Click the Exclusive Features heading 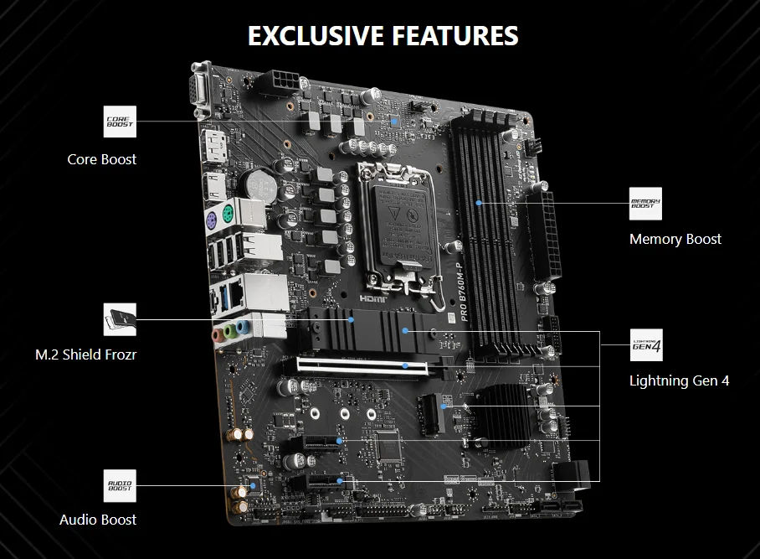[x=383, y=36]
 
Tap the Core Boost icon [x=119, y=122]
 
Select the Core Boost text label [x=102, y=159]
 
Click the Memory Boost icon [x=645, y=204]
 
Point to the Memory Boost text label [x=675, y=240]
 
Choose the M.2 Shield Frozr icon [x=119, y=319]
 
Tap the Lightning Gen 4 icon [x=645, y=344]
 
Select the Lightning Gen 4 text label [x=679, y=380]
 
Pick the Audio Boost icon [x=119, y=484]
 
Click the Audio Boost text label [x=98, y=520]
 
